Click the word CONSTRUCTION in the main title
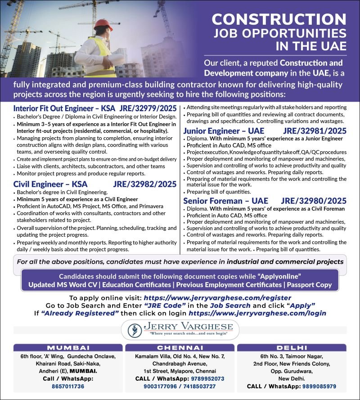(279, 19)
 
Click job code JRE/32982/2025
(144, 184)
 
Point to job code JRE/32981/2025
(315, 131)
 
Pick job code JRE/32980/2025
(314, 201)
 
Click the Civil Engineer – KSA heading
(50, 184)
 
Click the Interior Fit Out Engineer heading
(64, 108)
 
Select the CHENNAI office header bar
(180, 348)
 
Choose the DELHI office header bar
(292, 348)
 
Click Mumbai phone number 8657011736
(67, 387)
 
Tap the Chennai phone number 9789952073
(205, 379)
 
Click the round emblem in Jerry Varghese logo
(134, 330)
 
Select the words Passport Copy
(310, 285)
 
